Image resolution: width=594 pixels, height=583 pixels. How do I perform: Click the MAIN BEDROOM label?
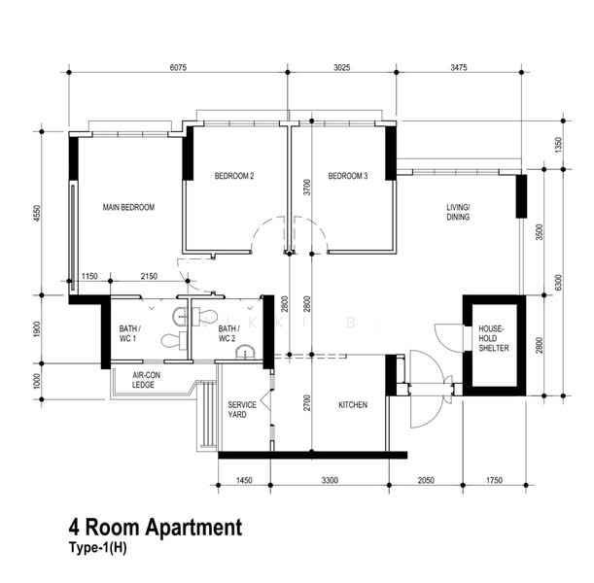[x=128, y=207]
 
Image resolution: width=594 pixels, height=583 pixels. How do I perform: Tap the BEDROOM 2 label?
[x=234, y=176]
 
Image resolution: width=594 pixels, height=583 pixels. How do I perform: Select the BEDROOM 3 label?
[x=348, y=176]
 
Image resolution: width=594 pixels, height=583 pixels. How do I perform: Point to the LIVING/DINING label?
[x=458, y=212]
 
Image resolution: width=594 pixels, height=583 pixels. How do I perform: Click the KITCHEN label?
[x=353, y=404]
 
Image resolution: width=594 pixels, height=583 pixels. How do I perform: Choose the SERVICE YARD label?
[x=242, y=410]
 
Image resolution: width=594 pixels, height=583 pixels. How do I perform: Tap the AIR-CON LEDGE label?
[x=146, y=380]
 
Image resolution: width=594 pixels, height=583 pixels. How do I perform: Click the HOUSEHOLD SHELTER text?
[x=494, y=338]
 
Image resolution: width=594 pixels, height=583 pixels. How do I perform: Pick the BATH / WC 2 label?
[x=228, y=333]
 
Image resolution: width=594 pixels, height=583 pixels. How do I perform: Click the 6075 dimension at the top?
[x=178, y=67]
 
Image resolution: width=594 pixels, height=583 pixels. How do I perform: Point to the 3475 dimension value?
[x=458, y=67]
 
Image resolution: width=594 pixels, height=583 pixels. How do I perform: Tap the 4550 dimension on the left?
[x=37, y=214]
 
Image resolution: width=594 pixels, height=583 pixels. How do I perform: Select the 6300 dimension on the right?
[x=558, y=283]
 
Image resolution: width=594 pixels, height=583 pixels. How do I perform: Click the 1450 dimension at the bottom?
[x=244, y=480]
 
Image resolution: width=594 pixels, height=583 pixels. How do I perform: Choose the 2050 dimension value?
[x=426, y=480]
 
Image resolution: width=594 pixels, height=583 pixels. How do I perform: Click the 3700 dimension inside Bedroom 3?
[x=307, y=187]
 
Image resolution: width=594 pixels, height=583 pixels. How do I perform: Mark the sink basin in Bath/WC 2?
[x=246, y=352]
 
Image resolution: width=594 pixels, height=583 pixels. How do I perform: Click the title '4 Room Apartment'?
[x=156, y=527]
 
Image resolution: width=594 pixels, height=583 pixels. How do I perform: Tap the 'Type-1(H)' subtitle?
[x=98, y=548]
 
